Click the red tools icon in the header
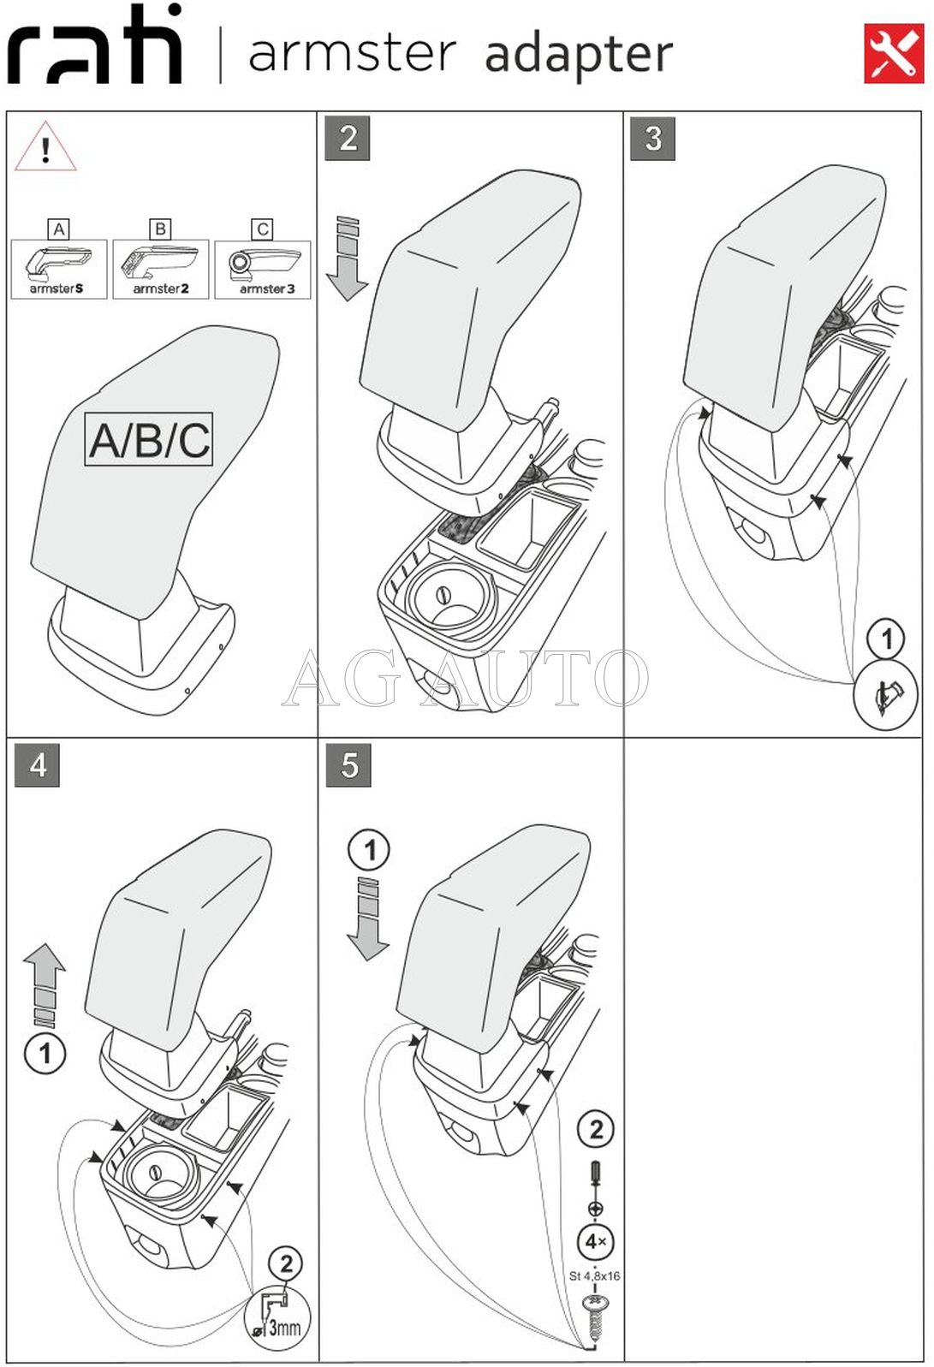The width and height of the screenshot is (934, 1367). tap(894, 54)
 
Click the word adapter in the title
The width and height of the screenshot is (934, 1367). tap(579, 54)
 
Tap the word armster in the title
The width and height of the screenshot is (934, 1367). tap(352, 53)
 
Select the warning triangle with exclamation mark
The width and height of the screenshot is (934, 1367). tap(45, 148)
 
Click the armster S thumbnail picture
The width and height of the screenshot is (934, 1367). tap(58, 269)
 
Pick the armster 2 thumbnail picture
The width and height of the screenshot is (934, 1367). tap(160, 269)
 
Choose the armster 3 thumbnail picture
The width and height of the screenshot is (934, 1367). tap(263, 269)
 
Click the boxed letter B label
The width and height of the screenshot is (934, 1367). tap(160, 229)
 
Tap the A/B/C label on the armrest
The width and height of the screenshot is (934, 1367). tap(149, 440)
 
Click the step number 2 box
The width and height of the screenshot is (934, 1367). tap(348, 138)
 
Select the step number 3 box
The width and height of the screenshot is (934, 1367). tap(652, 138)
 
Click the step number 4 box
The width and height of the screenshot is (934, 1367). tap(38, 764)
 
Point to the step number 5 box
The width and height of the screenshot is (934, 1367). tap(348, 764)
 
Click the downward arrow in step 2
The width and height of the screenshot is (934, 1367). tap(348, 259)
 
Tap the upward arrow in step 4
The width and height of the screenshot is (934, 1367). tap(45, 984)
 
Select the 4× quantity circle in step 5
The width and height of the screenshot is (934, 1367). tap(596, 1241)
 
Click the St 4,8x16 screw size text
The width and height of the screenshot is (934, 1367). tap(595, 1275)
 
